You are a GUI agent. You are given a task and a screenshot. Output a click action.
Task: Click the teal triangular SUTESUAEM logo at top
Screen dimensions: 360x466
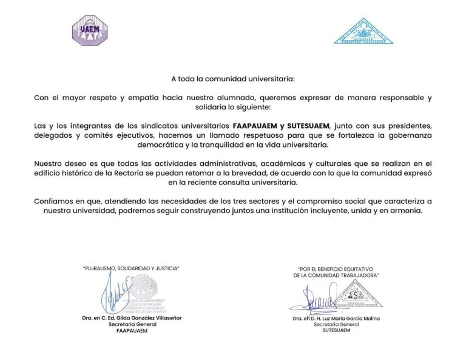tap(363, 32)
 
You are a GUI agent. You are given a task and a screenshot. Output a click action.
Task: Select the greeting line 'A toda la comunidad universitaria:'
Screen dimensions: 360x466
tap(232, 79)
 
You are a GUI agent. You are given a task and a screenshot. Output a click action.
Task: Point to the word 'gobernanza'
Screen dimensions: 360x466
tap(410, 136)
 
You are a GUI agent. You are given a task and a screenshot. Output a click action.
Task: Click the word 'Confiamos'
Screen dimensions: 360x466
tap(53, 202)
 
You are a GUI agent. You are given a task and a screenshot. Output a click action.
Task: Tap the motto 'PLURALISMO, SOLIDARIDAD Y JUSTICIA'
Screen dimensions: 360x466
tap(131, 268)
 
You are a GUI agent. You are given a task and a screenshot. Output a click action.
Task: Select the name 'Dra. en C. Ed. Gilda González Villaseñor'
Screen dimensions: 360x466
tap(131, 318)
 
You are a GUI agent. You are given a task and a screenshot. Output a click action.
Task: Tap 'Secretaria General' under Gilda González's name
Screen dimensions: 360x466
tap(131, 324)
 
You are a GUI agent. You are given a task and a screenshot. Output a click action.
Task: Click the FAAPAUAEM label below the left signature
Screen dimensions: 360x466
tap(131, 331)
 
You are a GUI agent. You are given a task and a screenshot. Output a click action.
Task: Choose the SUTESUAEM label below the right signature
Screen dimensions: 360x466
tap(336, 331)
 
